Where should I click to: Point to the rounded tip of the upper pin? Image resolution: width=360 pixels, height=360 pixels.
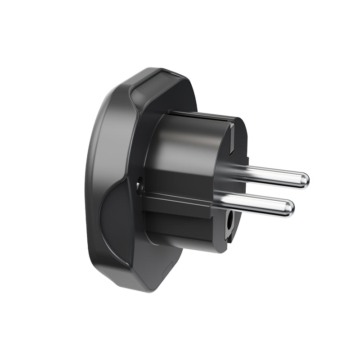(x=304, y=180)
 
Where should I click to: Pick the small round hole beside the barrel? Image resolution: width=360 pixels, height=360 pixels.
(x=139, y=184)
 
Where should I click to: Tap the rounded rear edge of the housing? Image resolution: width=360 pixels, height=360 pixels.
(x=92, y=180)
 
